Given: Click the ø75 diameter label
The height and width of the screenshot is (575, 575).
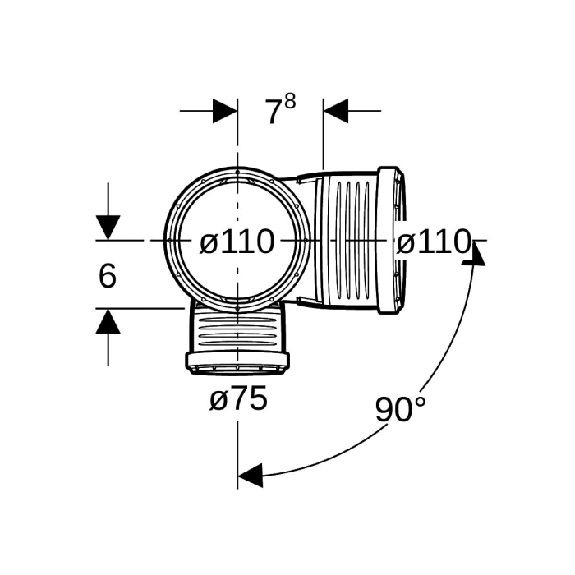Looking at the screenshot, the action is coord(238,398).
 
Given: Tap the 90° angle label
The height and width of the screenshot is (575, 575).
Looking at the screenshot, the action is coord(401,409).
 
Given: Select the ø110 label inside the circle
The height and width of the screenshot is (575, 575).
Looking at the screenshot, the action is coord(237,241).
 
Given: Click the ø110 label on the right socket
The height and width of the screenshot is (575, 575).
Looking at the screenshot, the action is coord(434,241).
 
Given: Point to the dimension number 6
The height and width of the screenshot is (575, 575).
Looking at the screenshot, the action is coord(108,276).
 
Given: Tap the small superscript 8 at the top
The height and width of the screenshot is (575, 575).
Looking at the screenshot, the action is coord(290,101).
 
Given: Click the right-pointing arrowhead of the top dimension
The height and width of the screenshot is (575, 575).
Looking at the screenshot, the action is coord(225,110).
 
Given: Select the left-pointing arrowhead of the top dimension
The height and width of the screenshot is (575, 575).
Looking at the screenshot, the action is coord(336,110).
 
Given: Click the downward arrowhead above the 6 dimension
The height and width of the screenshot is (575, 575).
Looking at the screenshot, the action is coord(108,228).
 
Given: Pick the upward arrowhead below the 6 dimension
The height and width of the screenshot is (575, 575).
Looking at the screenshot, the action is coord(108,321).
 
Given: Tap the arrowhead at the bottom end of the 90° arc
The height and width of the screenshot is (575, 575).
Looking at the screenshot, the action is coord(250,476).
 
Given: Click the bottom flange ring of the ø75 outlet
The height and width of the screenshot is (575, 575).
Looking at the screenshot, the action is coord(237,363).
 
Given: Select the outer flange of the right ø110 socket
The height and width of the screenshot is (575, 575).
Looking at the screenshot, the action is coord(389,240).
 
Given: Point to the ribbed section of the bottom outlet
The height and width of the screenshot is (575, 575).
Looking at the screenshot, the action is coord(237,330).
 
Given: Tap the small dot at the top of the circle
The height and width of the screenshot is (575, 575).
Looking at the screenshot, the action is coord(237,172).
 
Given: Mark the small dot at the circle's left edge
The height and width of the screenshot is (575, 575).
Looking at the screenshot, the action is coord(169,240).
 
